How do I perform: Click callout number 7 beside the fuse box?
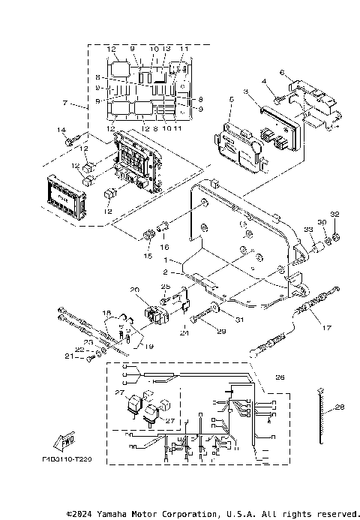pyautogui.click(x=66, y=101)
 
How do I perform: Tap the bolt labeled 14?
pyautogui.click(x=72, y=140)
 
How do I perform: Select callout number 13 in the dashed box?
pyautogui.click(x=166, y=49)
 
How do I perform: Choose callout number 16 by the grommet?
pyautogui.click(x=164, y=246)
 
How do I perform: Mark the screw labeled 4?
pyautogui.click(x=277, y=98)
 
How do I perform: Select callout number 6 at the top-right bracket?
pyautogui.click(x=282, y=72)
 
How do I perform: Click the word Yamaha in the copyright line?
pyautogui.click(x=122, y=514)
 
